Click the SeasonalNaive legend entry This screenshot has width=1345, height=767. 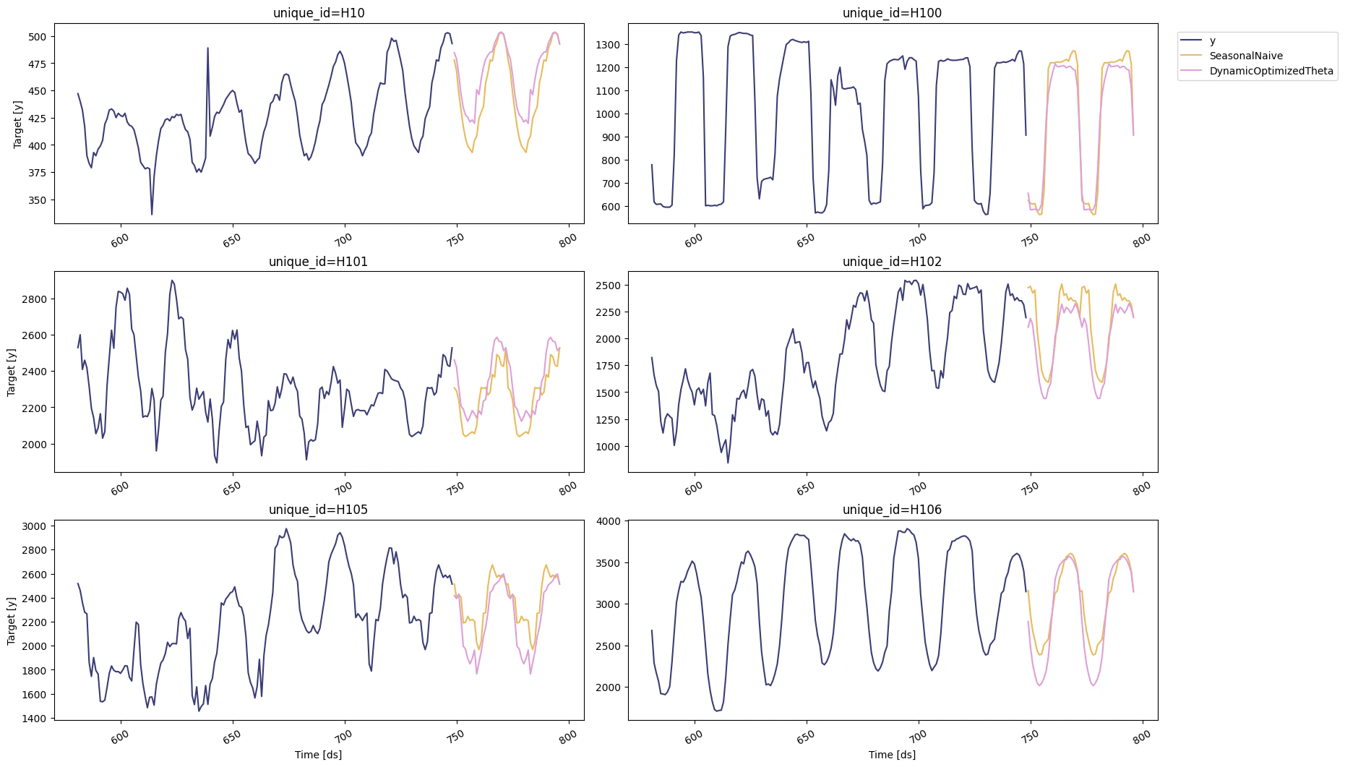[x=1245, y=56]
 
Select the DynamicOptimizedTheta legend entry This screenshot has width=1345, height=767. [x=1271, y=71]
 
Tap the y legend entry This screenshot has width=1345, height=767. [x=1213, y=40]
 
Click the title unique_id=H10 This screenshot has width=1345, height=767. [x=319, y=13]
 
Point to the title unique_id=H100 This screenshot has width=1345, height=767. [x=892, y=13]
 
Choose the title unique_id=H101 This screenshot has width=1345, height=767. [x=318, y=262]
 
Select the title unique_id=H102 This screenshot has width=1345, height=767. [x=892, y=262]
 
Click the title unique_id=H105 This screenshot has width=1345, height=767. [x=318, y=510]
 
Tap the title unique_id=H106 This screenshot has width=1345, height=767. [x=892, y=510]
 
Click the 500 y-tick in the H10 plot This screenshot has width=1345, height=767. [x=37, y=37]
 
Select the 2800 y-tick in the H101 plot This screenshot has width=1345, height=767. [x=34, y=299]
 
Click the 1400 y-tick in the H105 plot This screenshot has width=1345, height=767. [x=34, y=719]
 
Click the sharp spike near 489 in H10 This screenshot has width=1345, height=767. [x=208, y=48]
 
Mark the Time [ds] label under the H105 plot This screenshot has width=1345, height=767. [x=318, y=755]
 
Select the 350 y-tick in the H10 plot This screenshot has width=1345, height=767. [x=37, y=200]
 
